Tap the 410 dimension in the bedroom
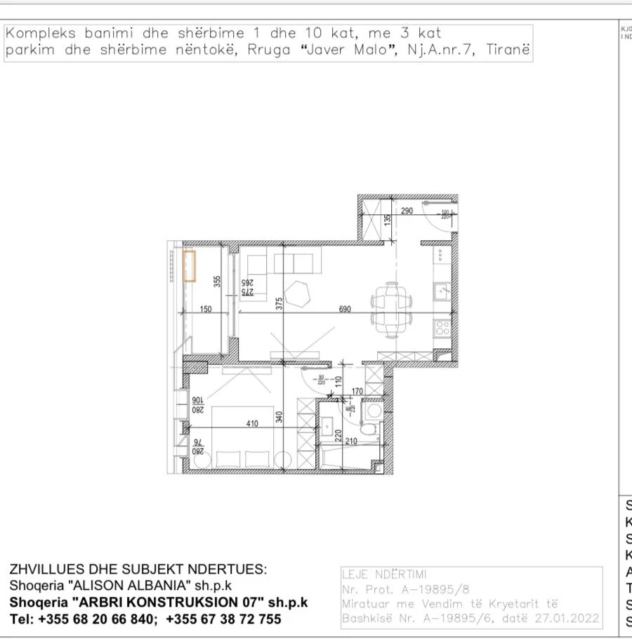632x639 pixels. [x=253, y=423]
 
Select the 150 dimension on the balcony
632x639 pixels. [x=206, y=309]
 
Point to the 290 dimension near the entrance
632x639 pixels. [x=407, y=210]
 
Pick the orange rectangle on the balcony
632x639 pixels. [x=190, y=266]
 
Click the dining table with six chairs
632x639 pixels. [x=391, y=308]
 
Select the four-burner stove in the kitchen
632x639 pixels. [x=442, y=327]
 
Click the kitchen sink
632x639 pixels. [x=442, y=290]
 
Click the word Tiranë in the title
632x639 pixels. [x=508, y=51]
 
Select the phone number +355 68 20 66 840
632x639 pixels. [x=98, y=619]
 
